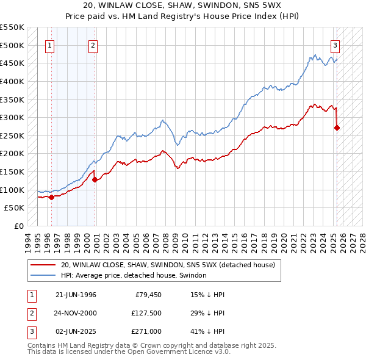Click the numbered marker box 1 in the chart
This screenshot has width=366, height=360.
(49, 45)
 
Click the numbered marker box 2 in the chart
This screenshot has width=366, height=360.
(93, 45)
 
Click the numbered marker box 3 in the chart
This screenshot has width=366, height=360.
(335, 45)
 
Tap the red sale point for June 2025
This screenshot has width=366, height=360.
(337, 128)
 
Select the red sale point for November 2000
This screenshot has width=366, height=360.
(95, 179)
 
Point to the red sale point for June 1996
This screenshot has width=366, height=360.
(51, 196)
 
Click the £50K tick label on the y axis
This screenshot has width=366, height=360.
(15, 208)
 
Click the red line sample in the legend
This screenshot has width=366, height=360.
(43, 265)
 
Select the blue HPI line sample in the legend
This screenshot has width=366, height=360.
(43, 275)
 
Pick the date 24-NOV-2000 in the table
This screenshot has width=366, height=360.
(76, 313)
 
